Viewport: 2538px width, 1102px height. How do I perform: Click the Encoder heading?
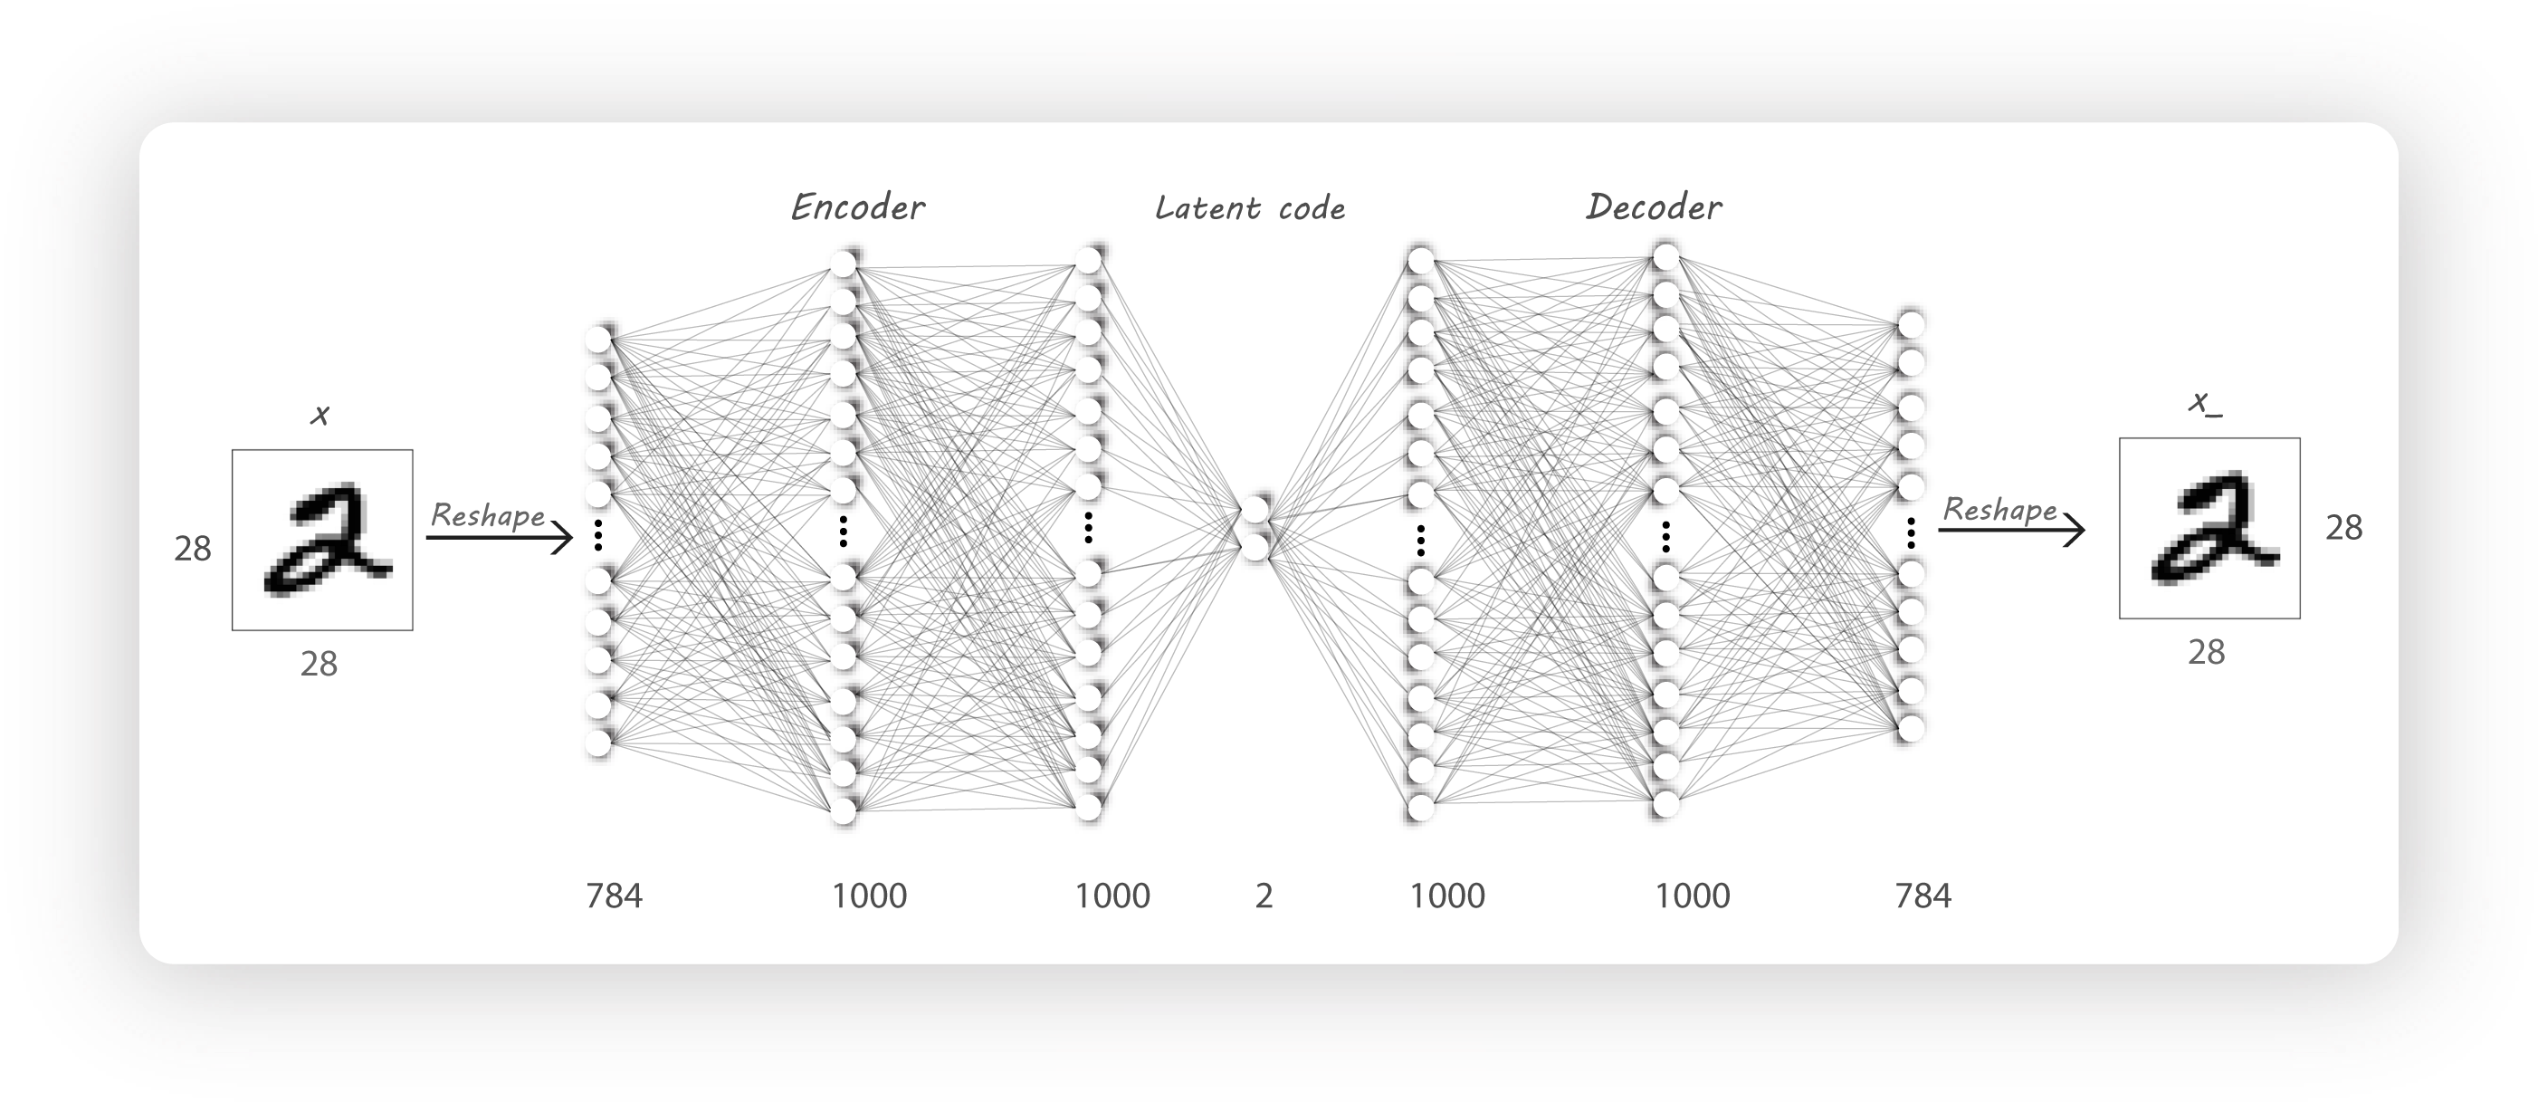tap(858, 207)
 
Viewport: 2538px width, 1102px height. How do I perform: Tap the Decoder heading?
tap(1655, 207)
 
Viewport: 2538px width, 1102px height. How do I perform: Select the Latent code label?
tap(1250, 208)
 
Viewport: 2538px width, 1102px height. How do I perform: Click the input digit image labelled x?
tap(322, 541)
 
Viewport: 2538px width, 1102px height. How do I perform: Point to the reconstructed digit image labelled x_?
tap(2210, 528)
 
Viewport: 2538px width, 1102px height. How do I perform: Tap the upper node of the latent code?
tap(1255, 511)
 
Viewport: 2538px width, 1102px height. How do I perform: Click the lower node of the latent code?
tap(1255, 548)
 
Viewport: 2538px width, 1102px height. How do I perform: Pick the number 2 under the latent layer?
tap(1264, 895)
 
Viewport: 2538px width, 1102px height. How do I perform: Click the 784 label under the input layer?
tap(614, 895)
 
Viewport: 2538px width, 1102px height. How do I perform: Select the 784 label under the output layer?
tap(1923, 895)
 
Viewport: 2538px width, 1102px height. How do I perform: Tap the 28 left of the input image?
tap(193, 549)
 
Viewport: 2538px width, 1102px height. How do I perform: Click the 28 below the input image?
tap(320, 665)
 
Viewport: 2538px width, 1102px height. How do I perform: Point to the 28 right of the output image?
tap(2345, 528)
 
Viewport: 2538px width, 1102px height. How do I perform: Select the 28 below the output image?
tap(2207, 653)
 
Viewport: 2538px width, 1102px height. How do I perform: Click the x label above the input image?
tap(320, 416)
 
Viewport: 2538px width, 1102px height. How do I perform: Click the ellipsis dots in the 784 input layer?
tap(598, 535)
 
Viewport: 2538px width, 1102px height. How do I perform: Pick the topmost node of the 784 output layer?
tap(1911, 325)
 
